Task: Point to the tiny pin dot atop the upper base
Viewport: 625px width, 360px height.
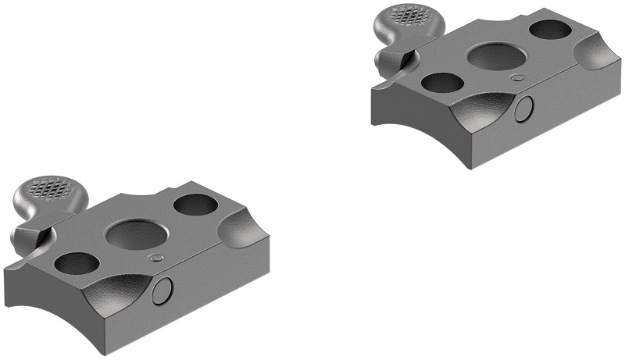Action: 516,77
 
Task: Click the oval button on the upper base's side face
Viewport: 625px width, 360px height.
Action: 526,109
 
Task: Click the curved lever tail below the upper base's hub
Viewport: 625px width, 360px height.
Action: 387,81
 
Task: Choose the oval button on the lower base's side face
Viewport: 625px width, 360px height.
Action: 163,291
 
